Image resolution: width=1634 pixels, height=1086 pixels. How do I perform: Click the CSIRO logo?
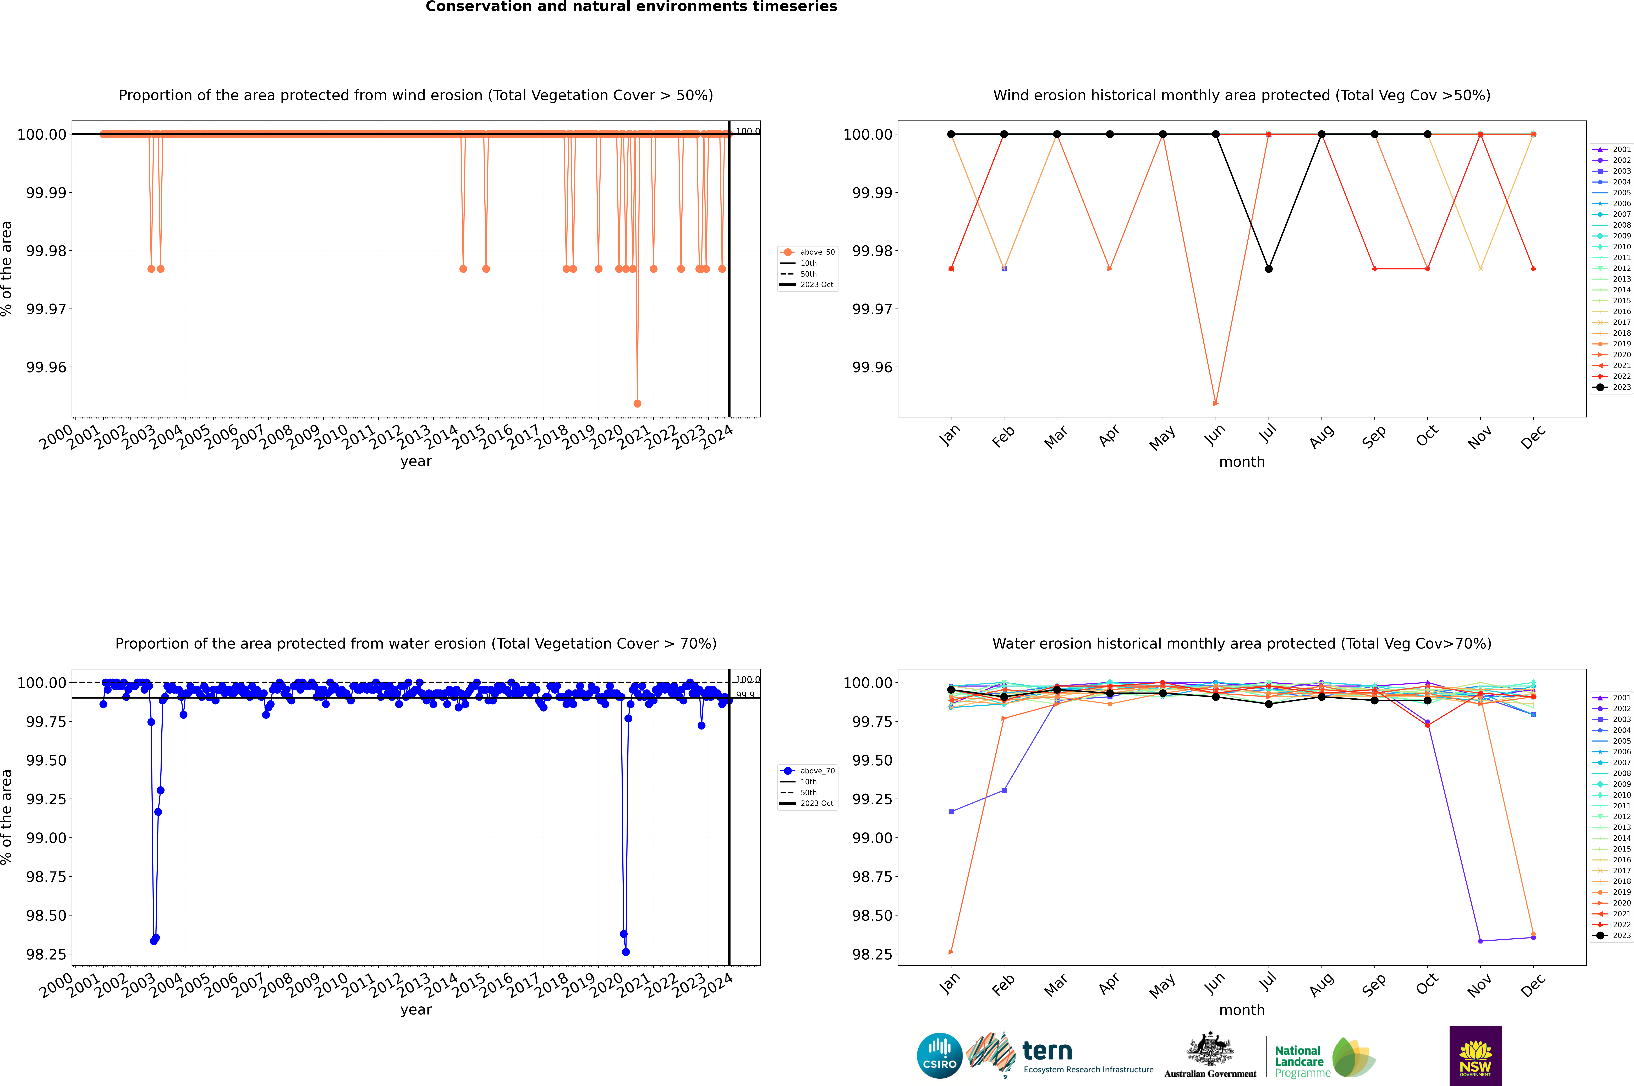(939, 1056)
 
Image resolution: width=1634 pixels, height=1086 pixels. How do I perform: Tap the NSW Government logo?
(1475, 1056)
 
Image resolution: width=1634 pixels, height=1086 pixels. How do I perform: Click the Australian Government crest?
(1210, 1053)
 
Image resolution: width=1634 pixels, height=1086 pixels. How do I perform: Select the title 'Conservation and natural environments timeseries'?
(631, 7)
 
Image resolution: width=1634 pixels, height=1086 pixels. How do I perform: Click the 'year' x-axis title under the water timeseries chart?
(416, 1010)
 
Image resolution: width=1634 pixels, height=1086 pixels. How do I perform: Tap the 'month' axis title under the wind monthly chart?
(1242, 462)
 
